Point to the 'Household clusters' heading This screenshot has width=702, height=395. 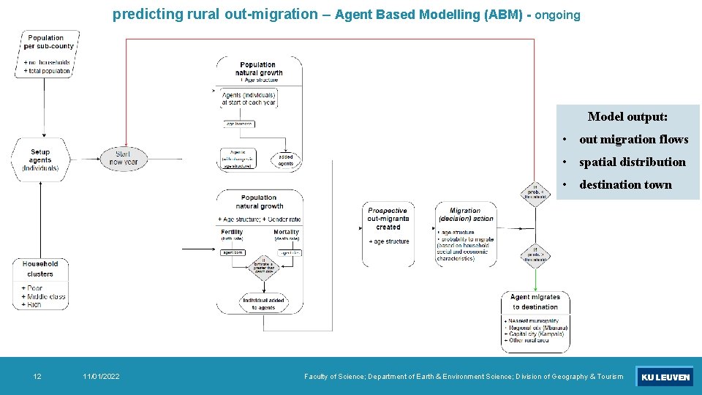click(40, 268)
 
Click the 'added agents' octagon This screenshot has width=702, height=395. click(285, 159)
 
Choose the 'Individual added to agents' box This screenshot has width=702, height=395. click(263, 304)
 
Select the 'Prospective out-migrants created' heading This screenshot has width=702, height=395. click(388, 219)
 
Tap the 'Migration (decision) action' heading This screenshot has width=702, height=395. click(465, 214)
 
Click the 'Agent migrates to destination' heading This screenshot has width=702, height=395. click(535, 301)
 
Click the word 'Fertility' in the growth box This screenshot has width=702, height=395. click(233, 232)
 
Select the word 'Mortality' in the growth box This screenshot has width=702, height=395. click(286, 232)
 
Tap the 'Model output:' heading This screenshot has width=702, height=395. click(627, 117)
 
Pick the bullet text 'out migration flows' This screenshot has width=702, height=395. click(633, 140)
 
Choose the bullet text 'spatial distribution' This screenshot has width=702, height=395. click(632, 162)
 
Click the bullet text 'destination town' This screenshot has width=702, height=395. click(625, 185)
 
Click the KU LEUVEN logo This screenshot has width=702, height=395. click(665, 377)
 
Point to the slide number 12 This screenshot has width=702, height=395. click(37, 377)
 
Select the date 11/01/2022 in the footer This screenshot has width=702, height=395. click(102, 377)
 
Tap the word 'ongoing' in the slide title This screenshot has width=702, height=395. click(557, 15)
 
